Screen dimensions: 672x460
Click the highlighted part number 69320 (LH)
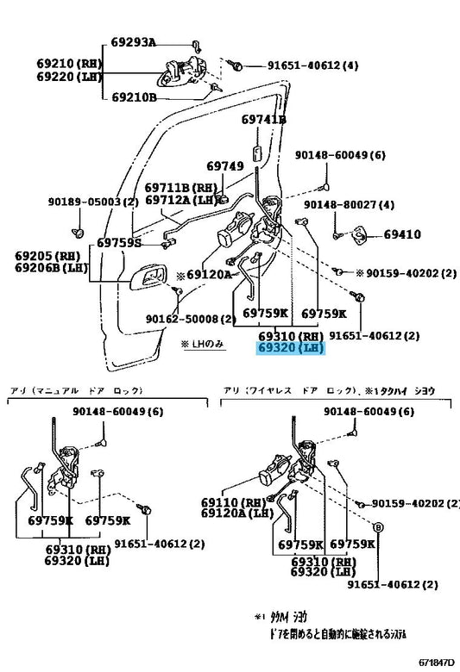coord(290,348)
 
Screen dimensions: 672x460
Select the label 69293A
coord(133,41)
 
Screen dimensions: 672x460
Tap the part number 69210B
coord(133,97)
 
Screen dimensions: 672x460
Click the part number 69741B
coord(263,119)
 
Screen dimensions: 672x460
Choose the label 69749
coord(224,165)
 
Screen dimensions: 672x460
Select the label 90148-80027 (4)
coord(349,204)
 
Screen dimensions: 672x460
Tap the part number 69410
coord(402,233)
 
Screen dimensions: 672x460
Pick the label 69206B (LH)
coord(50,267)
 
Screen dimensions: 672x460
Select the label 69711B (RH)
coord(180,187)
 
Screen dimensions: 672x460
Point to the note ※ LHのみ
coord(203,344)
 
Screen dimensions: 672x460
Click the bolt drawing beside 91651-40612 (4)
coord(236,65)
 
